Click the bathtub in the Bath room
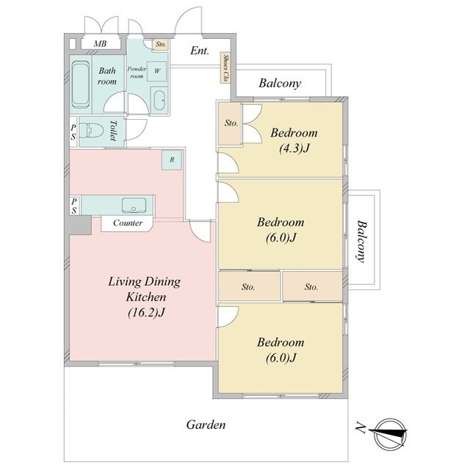pos(81,84)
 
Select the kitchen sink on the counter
pos(134,206)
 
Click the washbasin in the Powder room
pos(159,101)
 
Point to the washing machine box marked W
pos(156,71)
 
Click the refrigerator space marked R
pos(172,160)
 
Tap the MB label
pos(100,44)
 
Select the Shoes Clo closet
pos(225,68)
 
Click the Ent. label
pos(199,51)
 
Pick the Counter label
pos(128,223)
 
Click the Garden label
pos(206,424)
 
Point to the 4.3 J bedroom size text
pos(294,148)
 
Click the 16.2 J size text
pos(146,313)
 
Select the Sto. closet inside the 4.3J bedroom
pos(230,123)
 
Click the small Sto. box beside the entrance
pos(161,44)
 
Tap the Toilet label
pos(113,131)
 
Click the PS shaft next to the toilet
pos(73,131)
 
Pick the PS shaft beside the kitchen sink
pos(74,206)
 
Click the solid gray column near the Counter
pos(79,225)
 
